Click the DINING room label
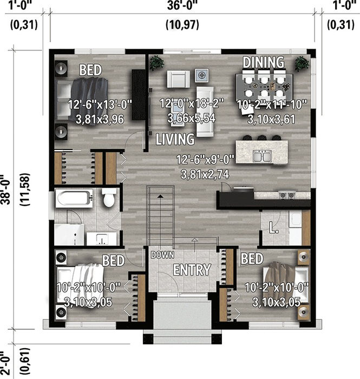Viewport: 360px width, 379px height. coord(263,62)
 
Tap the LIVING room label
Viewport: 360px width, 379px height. coord(175,139)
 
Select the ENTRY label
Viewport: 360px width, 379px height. coord(192,270)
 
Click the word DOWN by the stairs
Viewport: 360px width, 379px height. coord(162,255)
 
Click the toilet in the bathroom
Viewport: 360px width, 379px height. coord(109,198)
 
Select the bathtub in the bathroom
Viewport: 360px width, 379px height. coord(74,199)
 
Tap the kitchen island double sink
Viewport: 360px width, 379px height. coord(262,156)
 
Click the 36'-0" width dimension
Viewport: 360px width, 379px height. coord(182,5)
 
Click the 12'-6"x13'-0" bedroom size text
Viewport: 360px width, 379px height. coord(100,104)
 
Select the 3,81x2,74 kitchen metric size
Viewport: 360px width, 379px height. coord(205,174)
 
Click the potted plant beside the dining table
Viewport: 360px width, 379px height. coord(302,63)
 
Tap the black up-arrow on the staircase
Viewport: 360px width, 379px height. coord(160,196)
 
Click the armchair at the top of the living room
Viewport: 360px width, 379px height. coord(178,79)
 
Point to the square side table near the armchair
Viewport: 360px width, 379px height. coord(202,75)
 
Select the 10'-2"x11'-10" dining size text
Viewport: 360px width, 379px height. coord(272,104)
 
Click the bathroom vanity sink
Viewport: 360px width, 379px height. coord(101,239)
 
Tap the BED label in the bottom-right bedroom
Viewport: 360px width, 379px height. coord(252,258)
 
